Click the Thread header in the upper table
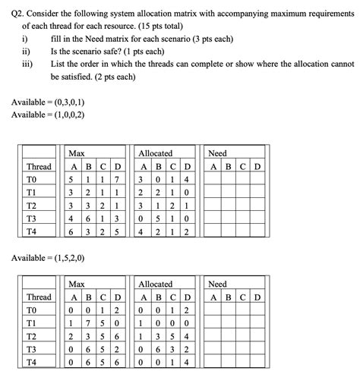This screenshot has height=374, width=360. (39, 167)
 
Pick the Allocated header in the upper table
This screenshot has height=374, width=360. (155, 153)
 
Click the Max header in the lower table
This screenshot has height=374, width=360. (77, 284)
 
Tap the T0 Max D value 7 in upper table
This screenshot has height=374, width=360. (118, 180)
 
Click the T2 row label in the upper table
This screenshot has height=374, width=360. (31, 206)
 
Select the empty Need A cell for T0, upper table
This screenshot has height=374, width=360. (215, 180)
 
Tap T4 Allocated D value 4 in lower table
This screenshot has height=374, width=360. (188, 362)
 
